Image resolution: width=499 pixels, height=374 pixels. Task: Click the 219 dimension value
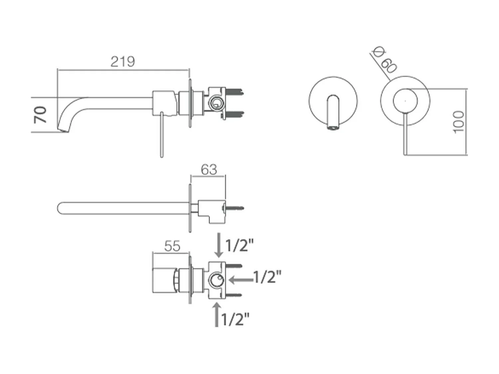point(123,62)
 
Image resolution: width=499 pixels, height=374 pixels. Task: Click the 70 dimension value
point(40,115)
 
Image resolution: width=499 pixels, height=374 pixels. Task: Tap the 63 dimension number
point(209,170)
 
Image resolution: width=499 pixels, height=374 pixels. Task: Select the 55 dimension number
point(172,246)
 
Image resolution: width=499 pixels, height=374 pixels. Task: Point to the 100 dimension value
point(458,122)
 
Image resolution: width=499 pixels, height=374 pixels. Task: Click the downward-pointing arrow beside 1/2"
point(219,245)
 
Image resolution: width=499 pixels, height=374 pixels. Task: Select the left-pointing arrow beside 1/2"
point(241,280)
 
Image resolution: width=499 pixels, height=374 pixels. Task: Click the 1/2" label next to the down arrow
point(240,246)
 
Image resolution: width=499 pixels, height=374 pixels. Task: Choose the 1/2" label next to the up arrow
point(235,319)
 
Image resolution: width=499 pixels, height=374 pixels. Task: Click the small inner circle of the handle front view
point(405,100)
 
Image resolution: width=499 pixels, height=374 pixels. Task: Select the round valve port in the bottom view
point(217,281)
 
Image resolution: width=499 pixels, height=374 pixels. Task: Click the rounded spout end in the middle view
point(60,208)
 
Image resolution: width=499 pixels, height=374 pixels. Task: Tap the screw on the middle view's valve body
point(235,208)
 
